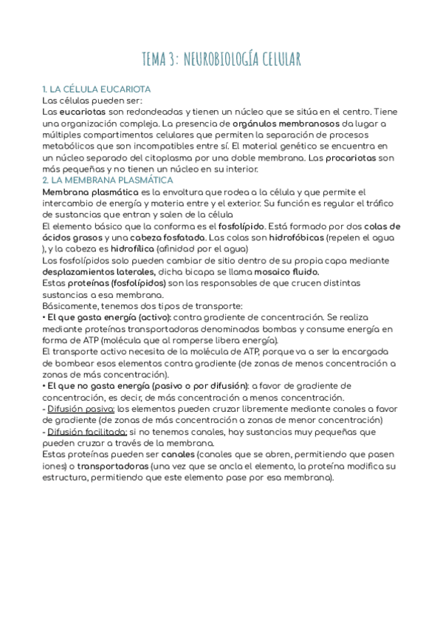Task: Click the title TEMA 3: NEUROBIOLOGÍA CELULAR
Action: tap(221, 58)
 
